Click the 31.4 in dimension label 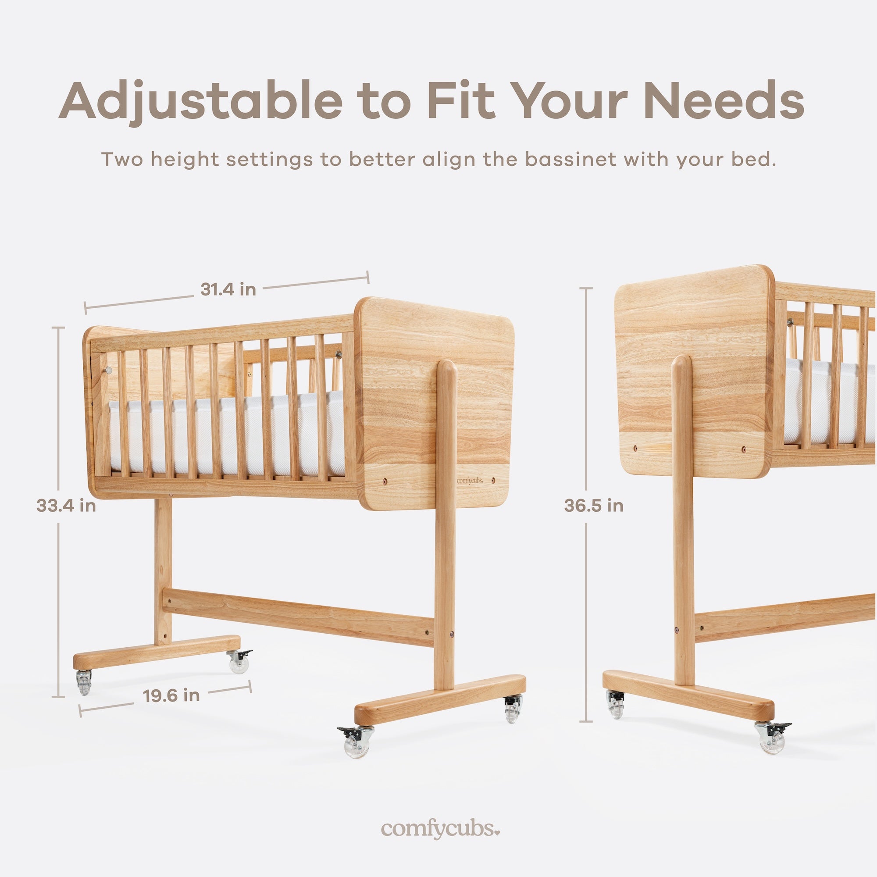tap(228, 289)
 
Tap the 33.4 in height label tap(66, 506)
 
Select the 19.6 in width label tap(171, 696)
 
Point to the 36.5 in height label tap(594, 505)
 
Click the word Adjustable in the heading tap(200, 101)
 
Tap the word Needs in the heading tap(724, 100)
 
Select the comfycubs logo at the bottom tap(441, 828)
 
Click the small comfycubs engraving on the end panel tap(469, 480)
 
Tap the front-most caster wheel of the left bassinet tap(357, 741)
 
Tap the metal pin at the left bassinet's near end tap(108, 371)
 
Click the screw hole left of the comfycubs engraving tap(385, 480)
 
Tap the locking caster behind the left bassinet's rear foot tap(238, 661)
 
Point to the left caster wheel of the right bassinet tap(615, 704)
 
